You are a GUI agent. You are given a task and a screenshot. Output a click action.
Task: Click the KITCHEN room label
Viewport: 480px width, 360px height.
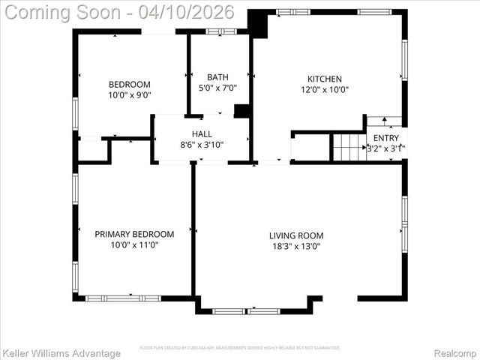325,79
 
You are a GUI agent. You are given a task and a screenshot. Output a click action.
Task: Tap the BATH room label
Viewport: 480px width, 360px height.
217,77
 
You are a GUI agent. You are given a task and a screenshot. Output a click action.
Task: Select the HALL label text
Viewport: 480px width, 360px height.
202,134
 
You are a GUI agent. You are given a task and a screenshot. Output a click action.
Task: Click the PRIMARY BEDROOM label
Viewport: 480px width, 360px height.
134,234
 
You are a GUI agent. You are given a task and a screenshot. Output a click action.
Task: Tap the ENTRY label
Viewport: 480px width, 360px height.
386,138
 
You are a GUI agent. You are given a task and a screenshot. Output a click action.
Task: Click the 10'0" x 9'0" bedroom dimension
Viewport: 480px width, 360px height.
130,95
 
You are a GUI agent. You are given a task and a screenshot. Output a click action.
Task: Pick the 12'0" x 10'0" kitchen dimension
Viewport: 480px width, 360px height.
325,89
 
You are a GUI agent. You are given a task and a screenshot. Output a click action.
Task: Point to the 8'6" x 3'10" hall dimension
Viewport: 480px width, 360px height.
202,145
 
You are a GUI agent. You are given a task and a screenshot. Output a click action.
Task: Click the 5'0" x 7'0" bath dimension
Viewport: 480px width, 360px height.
217,88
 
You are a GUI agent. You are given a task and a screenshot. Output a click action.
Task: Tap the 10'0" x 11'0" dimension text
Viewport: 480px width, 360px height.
134,244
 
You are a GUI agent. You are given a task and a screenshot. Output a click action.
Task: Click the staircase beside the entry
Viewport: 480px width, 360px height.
347,147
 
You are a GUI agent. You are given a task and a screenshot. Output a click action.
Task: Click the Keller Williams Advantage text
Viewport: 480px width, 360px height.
61,352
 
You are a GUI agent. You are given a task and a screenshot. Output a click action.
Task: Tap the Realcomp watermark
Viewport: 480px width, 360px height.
455,352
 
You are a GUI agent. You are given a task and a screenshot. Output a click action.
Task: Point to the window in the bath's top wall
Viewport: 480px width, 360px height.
220,31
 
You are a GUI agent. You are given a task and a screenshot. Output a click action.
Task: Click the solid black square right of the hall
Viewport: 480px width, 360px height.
241,111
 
